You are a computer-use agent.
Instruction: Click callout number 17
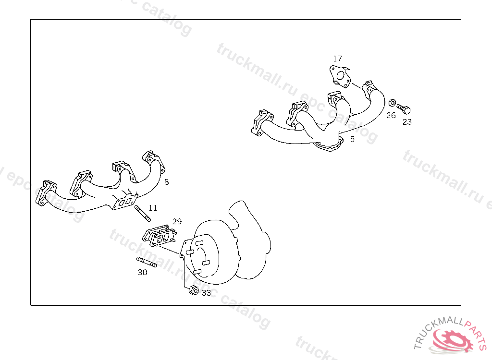[337, 59]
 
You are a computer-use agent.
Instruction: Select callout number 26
[391, 115]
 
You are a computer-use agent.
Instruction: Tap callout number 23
[407, 122]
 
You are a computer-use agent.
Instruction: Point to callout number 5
[352, 139]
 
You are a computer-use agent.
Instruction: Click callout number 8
[166, 182]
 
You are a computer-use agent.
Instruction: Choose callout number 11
[153, 207]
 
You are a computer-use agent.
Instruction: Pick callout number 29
[177, 221]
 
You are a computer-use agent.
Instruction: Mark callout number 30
[142, 272]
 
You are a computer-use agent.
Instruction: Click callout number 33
[206, 293]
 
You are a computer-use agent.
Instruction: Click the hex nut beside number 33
[194, 290]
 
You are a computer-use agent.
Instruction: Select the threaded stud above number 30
[147, 262]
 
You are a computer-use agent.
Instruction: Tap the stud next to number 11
[143, 213]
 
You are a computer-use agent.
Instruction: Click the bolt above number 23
[404, 109]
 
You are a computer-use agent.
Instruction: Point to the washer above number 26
[392, 103]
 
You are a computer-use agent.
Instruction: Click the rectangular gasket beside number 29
[160, 236]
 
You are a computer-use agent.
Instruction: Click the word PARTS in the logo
[478, 333]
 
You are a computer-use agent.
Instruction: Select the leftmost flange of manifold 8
[46, 193]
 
